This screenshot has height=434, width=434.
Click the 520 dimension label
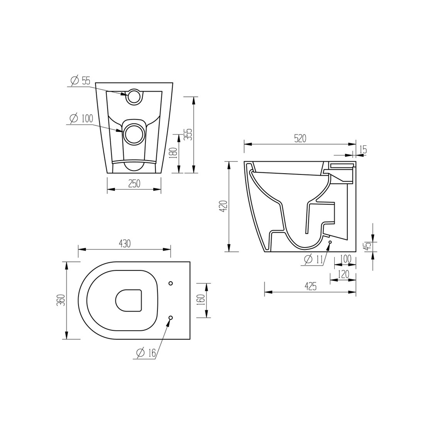[x=300, y=138]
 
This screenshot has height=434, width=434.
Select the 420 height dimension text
[x=224, y=206]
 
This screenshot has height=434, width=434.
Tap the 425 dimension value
[x=311, y=286]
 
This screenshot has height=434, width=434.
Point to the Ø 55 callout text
[x=81, y=81]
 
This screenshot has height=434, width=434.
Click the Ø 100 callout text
[x=82, y=118]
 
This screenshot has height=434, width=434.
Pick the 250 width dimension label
[x=134, y=184]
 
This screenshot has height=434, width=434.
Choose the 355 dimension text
[x=188, y=134]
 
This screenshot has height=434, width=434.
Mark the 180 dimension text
[x=173, y=153]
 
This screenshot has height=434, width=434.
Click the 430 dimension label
[x=125, y=243]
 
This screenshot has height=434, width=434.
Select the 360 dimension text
[x=61, y=300]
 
